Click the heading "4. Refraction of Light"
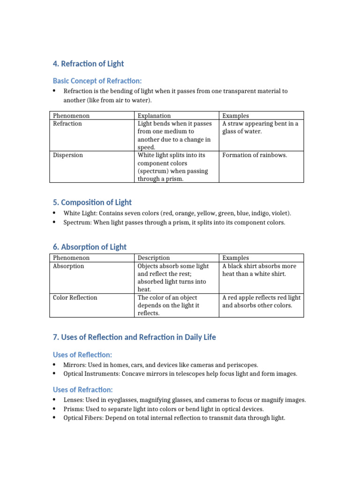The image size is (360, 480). click(x=89, y=64)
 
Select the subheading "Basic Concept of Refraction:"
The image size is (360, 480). click(x=97, y=81)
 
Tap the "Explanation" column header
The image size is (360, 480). click(x=154, y=116)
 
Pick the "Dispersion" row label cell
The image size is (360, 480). click(x=68, y=155)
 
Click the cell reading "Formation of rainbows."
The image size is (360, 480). click(x=255, y=155)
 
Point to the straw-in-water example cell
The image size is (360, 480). click(x=260, y=127)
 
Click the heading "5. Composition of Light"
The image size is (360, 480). click(x=92, y=202)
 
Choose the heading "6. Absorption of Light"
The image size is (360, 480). click(x=90, y=247)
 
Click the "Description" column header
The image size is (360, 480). click(x=154, y=258)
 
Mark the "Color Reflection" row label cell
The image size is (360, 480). click(x=75, y=298)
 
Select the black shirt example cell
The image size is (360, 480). click(x=259, y=270)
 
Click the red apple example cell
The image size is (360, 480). click(x=261, y=301)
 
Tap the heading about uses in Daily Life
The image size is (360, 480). click(x=135, y=337)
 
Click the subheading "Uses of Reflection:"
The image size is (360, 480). click(x=82, y=355)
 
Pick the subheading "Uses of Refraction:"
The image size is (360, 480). click(x=83, y=390)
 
